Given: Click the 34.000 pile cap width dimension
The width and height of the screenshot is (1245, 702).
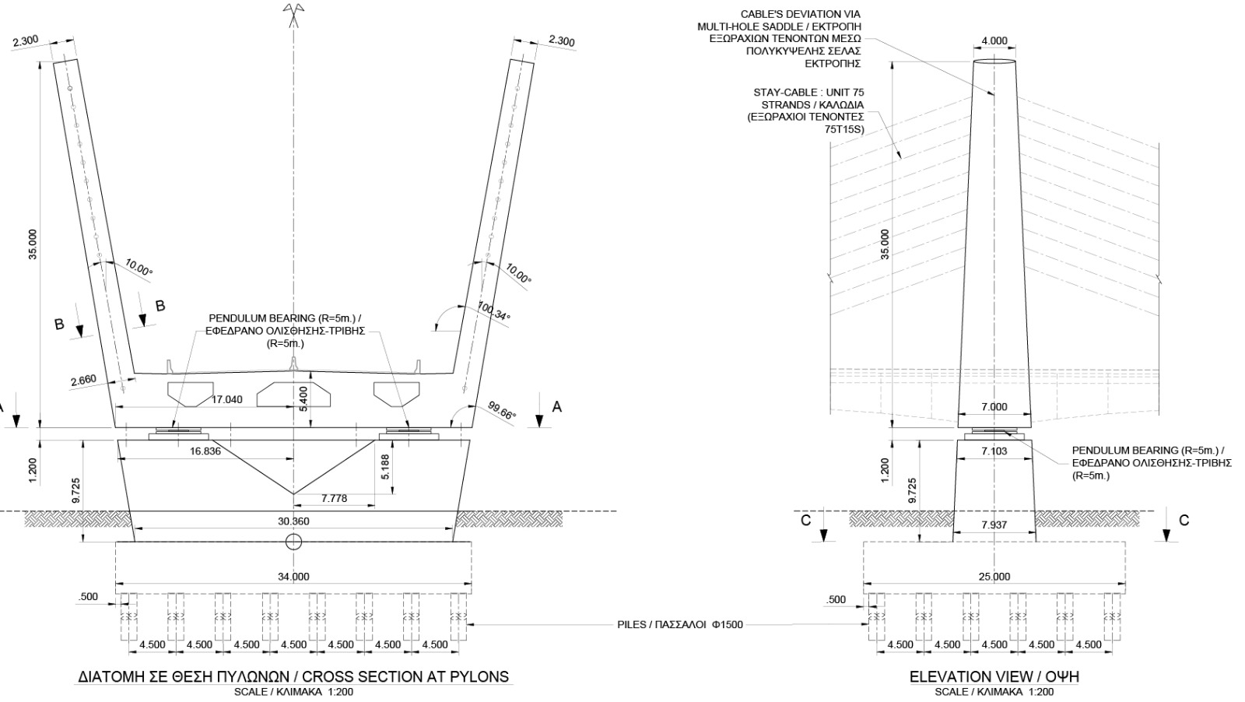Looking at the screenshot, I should [293, 577].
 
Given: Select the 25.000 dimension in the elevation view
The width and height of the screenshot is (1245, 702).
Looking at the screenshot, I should [994, 577].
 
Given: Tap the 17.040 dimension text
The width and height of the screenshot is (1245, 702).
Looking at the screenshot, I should [227, 400].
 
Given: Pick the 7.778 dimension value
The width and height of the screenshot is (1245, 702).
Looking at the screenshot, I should [334, 499].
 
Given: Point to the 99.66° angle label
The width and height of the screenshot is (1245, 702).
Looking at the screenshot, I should [502, 410].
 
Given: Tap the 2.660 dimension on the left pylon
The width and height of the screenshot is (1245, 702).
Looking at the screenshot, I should [83, 381].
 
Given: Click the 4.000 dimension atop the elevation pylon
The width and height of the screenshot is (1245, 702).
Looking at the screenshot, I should [994, 41].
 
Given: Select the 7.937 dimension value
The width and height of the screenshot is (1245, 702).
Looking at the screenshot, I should [994, 525].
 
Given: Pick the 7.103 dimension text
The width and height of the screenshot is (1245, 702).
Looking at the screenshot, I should [994, 451].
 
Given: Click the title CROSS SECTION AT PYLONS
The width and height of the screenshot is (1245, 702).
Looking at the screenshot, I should [293, 676].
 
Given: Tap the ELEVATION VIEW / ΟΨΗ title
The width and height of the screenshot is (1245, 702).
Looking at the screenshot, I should [994, 676].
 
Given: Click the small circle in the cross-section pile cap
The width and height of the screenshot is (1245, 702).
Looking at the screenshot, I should [293, 542].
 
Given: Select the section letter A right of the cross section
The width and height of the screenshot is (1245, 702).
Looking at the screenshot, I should [556, 407].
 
